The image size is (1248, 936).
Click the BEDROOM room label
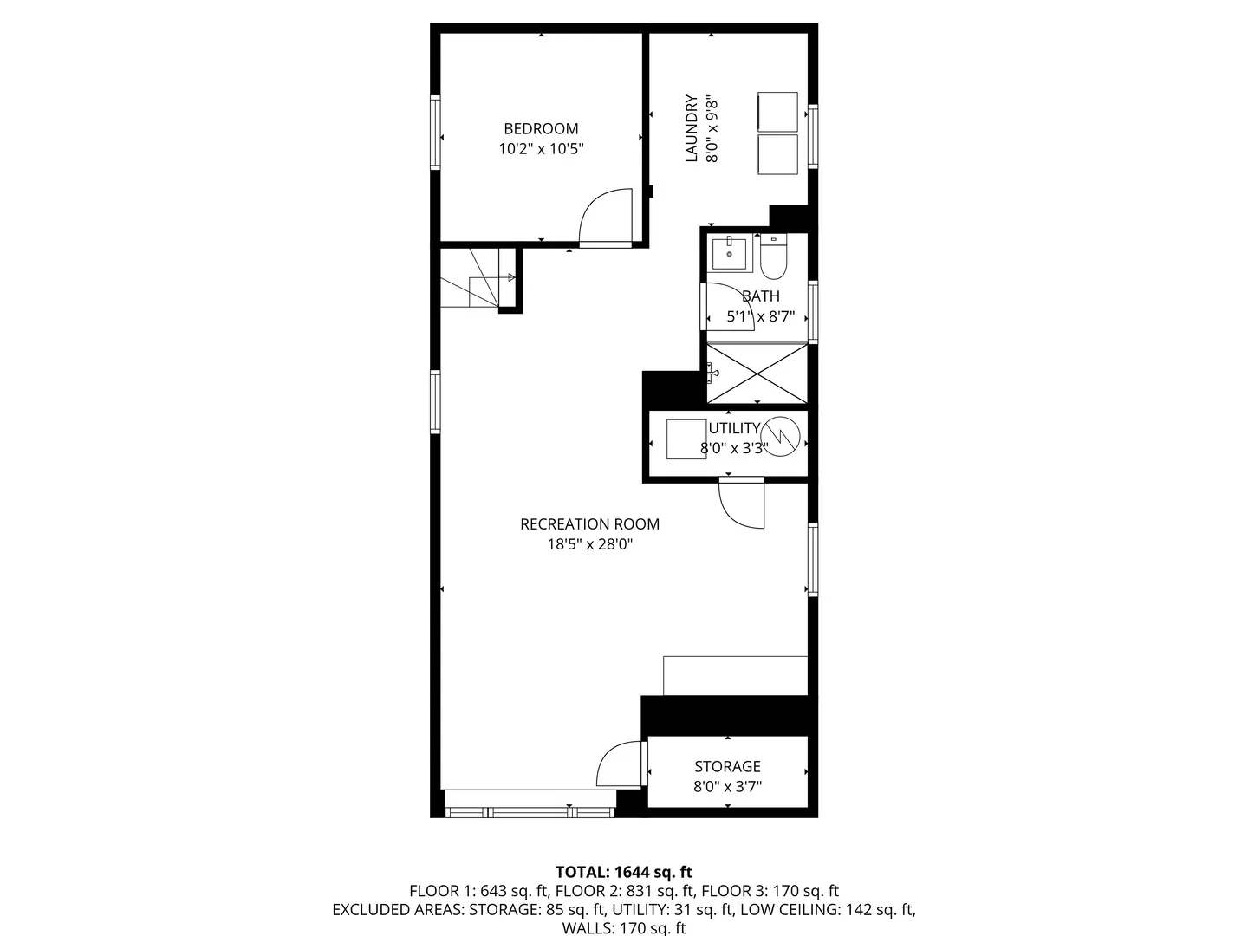[541, 128]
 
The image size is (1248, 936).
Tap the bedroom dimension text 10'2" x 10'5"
[541, 149]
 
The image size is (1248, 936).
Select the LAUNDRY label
[692, 128]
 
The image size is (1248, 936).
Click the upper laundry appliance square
[777, 110]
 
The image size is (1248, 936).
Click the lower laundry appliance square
[777, 153]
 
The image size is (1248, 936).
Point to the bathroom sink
[729, 253]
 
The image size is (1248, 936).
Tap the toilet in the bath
[773, 255]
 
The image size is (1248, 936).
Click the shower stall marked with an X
[757, 374]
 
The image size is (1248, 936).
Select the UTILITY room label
[734, 428]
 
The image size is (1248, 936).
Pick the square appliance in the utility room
[686, 439]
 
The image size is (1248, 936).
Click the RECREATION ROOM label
[589, 524]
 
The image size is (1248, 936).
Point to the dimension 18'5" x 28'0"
[589, 545]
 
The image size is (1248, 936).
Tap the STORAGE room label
[727, 766]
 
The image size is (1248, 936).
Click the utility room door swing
[742, 505]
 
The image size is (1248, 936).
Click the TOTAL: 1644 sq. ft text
[623, 872]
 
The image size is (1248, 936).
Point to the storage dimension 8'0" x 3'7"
[727, 787]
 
